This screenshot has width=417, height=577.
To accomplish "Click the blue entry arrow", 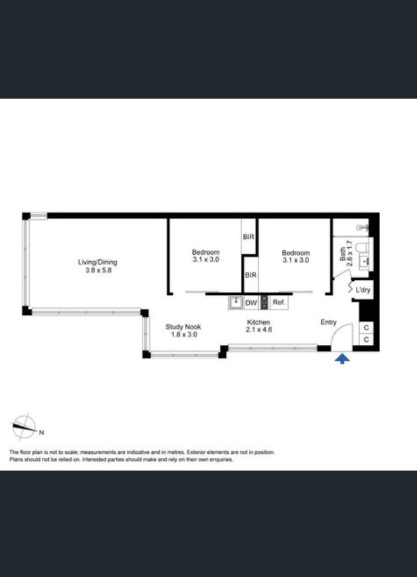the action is point(342,359).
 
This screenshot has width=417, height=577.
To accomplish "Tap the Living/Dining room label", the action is point(97,262).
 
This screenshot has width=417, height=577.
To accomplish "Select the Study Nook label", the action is point(183,327).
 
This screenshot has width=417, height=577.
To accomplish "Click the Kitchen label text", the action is point(258,322).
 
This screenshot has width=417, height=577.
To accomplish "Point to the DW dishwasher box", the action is point(251,303).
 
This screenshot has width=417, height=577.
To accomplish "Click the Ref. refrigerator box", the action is point(278,302).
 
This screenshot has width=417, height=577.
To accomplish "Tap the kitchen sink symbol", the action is point(236,303).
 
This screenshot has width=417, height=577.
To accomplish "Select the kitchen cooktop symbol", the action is point(264,302).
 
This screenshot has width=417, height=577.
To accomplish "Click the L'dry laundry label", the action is point(363,290).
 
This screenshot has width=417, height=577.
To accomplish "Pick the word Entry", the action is point(328,322).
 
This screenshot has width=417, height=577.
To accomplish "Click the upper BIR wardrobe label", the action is point(249,236).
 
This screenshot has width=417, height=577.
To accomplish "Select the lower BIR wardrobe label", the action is point(250,275).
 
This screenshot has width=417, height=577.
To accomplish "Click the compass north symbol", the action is point(25,427).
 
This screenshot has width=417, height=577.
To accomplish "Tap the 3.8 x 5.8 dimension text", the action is point(98,269).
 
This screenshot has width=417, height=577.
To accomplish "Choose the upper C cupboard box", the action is point(366,328).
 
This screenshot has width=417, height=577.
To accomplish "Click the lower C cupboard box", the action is point(366,339).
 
